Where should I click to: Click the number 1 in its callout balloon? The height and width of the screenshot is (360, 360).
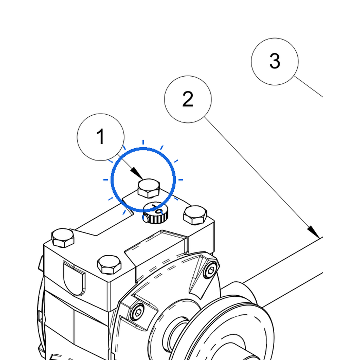101,136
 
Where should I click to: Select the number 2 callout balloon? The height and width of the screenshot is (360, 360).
188,99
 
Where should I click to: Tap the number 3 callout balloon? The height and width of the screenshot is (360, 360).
275,62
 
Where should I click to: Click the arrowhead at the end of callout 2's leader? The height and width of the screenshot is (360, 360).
313,232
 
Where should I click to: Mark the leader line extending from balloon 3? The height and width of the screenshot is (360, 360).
308,86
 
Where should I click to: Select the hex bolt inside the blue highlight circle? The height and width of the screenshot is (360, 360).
149,188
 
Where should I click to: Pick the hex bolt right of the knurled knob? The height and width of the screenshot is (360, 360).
195,215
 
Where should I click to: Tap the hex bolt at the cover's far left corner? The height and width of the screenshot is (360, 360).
63,238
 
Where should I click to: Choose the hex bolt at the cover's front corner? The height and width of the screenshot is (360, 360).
109,265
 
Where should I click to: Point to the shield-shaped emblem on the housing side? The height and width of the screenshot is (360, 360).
74,278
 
